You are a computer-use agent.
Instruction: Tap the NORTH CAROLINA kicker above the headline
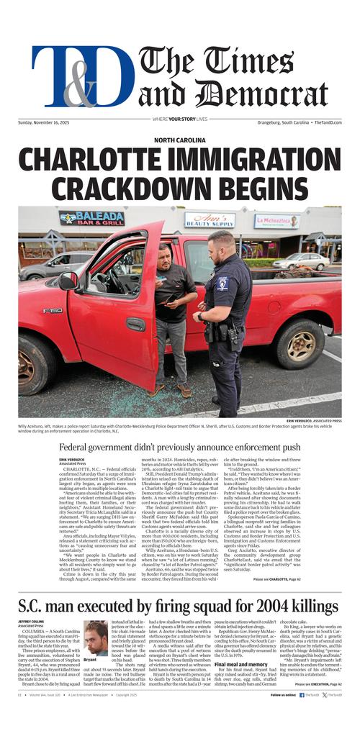(180, 140)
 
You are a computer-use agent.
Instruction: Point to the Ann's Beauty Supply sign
(210, 220)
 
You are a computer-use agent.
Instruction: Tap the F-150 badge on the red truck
(53, 311)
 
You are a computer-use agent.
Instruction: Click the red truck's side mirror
(69, 281)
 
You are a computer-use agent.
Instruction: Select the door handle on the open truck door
(136, 324)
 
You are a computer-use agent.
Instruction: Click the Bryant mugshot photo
(96, 639)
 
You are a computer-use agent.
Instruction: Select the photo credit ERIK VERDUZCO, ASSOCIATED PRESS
(313, 420)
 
